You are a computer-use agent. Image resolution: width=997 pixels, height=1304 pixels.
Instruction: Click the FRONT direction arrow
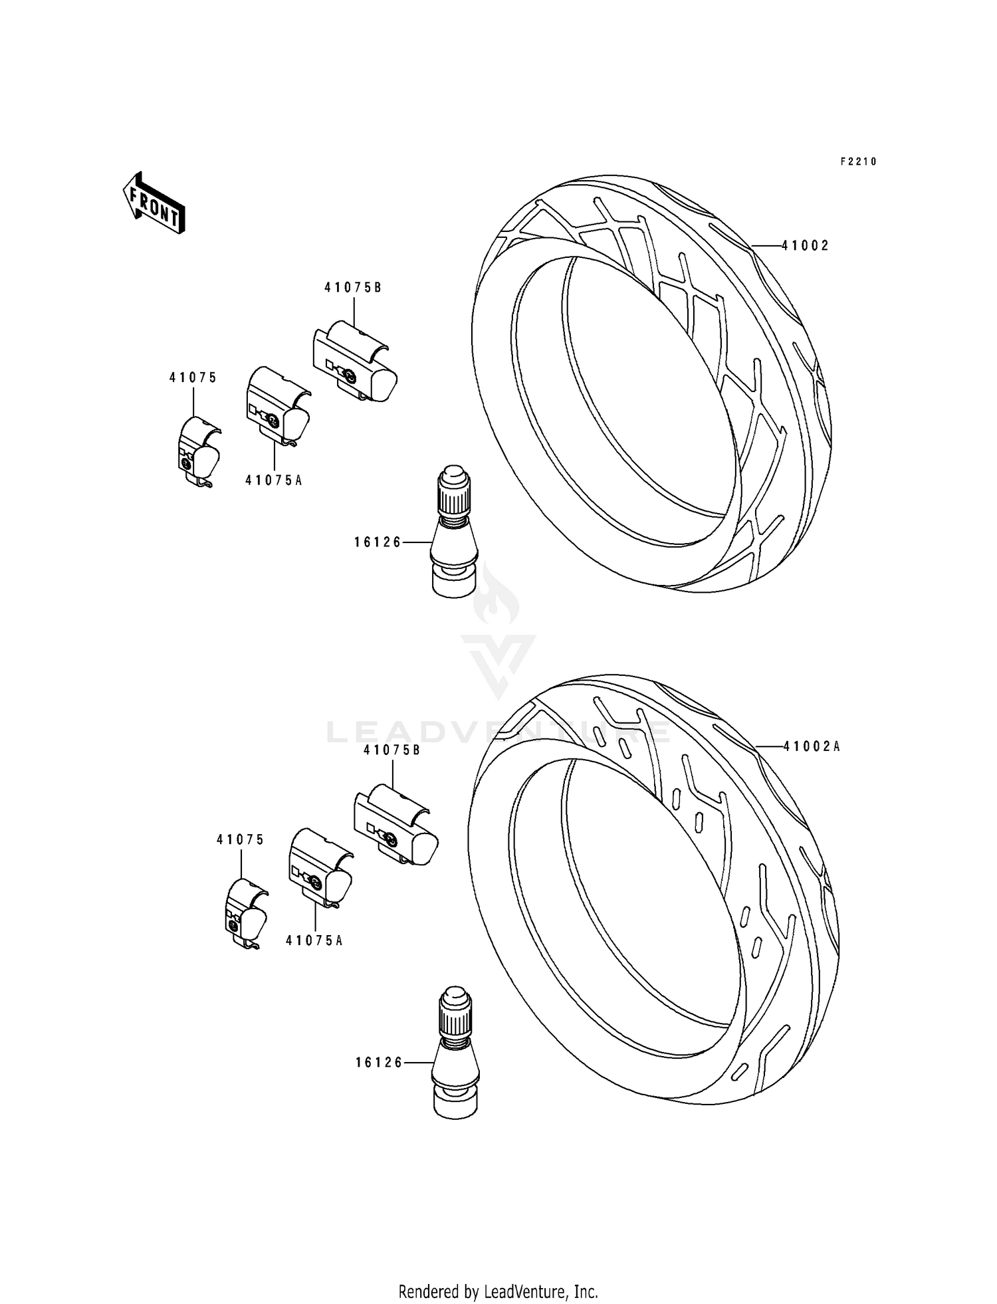coord(154,203)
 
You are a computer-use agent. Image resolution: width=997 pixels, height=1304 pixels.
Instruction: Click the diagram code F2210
coord(858,162)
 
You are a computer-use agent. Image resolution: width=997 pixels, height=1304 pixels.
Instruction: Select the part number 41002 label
coord(805,246)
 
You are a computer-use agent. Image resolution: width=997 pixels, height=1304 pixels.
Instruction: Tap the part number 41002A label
coord(811,746)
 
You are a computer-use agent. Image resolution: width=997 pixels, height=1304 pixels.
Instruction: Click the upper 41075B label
coord(353,288)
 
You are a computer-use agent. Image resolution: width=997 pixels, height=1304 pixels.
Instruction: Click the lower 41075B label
coord(392,750)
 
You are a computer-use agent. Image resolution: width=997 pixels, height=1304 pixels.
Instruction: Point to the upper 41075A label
coord(273,480)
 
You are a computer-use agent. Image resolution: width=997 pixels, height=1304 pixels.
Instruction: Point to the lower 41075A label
coord(314,940)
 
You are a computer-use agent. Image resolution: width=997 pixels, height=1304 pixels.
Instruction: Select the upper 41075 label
coord(193,378)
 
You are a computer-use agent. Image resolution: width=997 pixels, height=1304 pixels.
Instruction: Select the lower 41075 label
coord(240,839)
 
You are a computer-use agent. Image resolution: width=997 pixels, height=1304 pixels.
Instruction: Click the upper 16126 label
coord(378,542)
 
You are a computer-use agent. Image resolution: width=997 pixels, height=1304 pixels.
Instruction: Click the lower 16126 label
coord(379,1063)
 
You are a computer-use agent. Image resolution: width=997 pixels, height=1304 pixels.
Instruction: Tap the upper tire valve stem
coord(454,532)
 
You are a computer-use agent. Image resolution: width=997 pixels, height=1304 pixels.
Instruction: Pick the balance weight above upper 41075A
coord(277,407)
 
